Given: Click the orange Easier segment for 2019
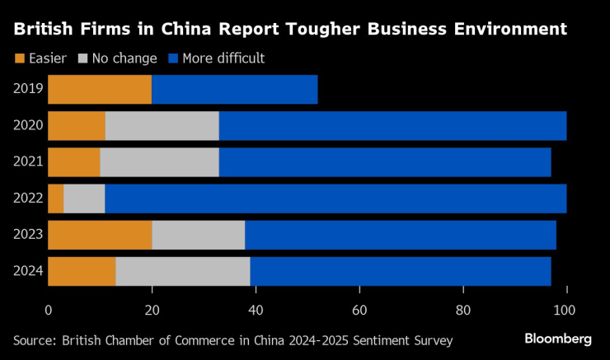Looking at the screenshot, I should pos(100,90).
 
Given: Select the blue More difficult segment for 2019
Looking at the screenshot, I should pos(235,90).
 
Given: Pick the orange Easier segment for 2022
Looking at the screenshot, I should pos(56,199).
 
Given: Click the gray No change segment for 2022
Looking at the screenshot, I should pos(77,199).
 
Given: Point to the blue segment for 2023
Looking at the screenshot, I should pos(401,235).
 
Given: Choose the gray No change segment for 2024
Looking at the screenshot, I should pos(182,271).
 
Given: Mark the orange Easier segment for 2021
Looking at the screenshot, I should pos(74,162).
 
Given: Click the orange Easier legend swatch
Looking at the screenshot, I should pos(21,58).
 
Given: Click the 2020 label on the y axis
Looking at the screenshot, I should pos(28,126).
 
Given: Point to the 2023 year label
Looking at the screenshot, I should pos(28,235).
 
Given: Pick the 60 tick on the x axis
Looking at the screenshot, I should pos(359,311).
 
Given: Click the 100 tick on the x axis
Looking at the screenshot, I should pos(566,311).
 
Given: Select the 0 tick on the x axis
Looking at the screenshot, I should pos(49,311).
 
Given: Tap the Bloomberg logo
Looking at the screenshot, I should pos(558,339).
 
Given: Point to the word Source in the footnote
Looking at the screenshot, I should pos(34,339).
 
